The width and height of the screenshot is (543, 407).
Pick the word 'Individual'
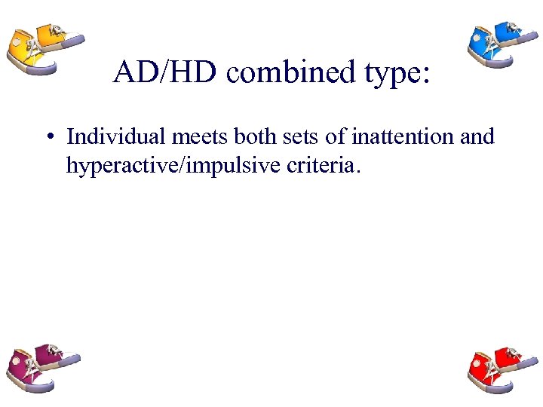(x=111, y=137)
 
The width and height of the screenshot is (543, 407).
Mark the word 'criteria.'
(x=321, y=165)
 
